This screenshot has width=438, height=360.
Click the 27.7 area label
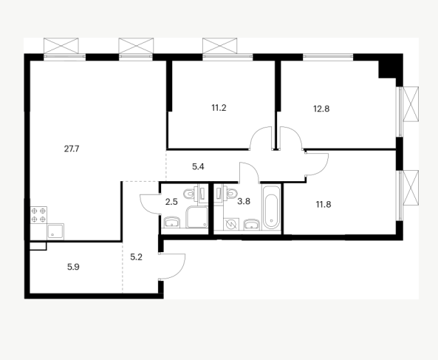[x=72, y=149]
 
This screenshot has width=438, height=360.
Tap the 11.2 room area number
[x=219, y=108]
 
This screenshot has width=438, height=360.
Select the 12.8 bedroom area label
[x=321, y=109]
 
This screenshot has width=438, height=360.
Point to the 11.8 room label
[x=324, y=205]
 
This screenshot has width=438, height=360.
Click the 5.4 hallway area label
[x=198, y=167]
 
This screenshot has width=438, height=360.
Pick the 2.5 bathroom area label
[x=171, y=202]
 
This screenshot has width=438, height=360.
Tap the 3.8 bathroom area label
[x=244, y=201]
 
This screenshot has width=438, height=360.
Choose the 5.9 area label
[x=73, y=267]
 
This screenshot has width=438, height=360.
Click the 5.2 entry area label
[x=137, y=257]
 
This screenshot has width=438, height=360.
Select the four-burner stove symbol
[x=38, y=215]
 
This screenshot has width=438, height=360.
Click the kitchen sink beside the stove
[x=55, y=231]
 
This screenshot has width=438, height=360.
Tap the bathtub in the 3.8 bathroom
[x=271, y=207]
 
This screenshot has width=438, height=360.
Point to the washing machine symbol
[x=231, y=224]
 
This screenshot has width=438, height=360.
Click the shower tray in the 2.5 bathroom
[x=197, y=217]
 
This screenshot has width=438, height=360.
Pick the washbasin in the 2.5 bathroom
[x=172, y=222]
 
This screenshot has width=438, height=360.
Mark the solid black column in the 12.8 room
[x=388, y=69]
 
